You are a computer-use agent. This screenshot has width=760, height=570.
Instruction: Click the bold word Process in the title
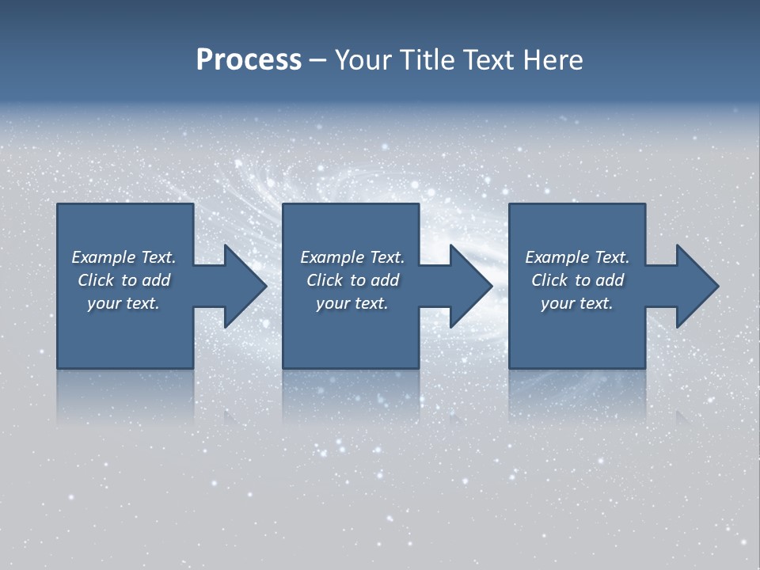[249, 60]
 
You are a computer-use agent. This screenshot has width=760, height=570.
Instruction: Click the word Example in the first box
[104, 257]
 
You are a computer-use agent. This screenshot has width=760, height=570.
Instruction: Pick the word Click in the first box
[97, 280]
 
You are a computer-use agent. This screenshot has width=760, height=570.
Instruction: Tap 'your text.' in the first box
[123, 303]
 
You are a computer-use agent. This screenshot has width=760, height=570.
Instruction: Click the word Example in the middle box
[332, 257]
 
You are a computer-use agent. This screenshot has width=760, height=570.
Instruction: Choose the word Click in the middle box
[325, 280]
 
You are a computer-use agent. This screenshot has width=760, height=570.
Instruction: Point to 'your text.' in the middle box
[352, 303]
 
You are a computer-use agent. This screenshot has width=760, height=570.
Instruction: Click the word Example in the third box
[557, 257]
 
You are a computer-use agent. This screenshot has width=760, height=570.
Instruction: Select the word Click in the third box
[550, 280]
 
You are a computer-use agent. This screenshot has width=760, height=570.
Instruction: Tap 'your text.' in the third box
[577, 303]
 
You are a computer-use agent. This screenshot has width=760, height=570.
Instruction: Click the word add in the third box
[610, 280]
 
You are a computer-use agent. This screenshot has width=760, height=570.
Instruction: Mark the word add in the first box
[156, 280]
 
